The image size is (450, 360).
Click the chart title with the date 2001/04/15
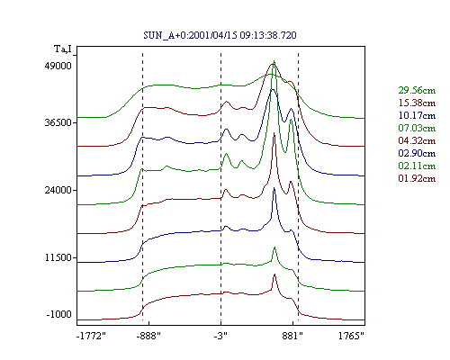220,35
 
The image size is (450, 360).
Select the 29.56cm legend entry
417,90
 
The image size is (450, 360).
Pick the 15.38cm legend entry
417,103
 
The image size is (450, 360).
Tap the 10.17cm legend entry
417,115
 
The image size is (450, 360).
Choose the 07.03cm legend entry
417,128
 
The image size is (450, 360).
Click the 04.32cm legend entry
417,140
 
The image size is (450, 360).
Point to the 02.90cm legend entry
417,153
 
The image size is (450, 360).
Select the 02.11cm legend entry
417,166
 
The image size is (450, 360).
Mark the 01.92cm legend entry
417,178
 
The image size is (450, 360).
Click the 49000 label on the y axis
58,66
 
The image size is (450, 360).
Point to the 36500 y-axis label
58,122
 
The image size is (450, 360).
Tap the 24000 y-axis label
58,190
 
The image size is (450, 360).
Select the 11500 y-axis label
58,257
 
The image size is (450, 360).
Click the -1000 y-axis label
59,314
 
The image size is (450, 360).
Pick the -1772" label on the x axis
91,336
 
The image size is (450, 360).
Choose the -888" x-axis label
148,336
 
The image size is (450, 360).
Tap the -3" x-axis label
220,336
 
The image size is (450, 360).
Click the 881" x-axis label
292,336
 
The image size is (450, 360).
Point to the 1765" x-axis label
351,336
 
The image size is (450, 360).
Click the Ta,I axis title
63,49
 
